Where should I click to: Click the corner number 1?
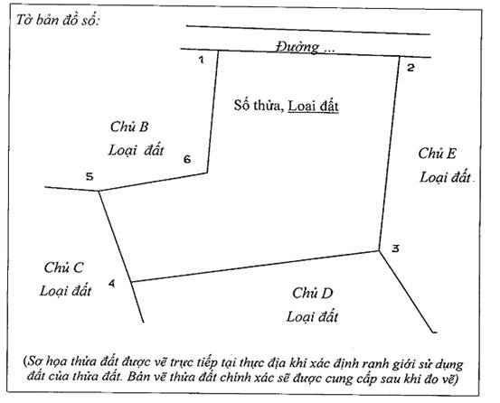click(202, 60)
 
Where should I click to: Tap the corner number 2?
click(410, 68)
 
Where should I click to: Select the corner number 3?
click(395, 248)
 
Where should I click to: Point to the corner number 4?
click(111, 283)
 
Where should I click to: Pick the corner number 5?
click(90, 176)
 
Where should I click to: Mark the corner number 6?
click(187, 159)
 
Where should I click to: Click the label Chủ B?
click(129, 127)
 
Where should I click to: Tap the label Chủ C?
click(63, 267)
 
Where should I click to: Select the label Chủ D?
click(313, 293)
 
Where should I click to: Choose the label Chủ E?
click(438, 154)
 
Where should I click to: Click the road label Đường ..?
click(297, 47)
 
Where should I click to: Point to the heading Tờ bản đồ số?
click(58, 21)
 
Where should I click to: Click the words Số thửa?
click(259, 106)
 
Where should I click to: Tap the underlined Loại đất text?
click(313, 106)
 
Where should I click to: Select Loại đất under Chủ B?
click(137, 150)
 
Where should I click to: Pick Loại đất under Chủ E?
click(445, 177)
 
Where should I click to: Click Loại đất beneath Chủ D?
click(312, 316)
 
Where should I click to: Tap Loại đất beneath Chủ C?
click(66, 291)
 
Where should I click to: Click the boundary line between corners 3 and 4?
click(255, 267)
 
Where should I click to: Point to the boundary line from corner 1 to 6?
click(212, 112)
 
